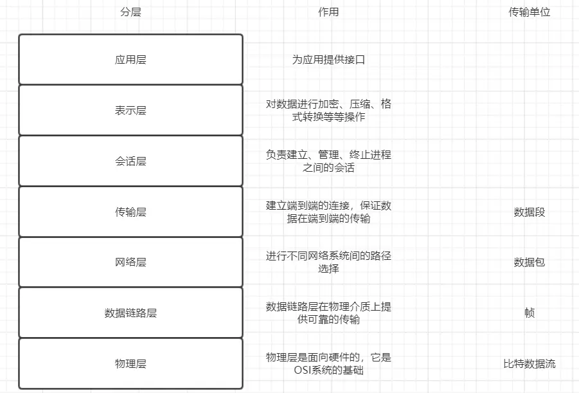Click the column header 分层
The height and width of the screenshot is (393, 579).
tap(130, 12)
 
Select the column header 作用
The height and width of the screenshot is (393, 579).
tap(328, 12)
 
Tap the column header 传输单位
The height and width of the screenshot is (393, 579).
tap(530, 12)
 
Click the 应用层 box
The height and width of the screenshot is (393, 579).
tap(130, 60)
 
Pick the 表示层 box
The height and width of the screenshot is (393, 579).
tap(130, 110)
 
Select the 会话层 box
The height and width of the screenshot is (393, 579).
tap(130, 161)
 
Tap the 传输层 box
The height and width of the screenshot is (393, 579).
tap(130, 212)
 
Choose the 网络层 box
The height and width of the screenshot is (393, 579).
tap(130, 262)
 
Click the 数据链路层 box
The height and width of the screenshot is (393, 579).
tap(130, 313)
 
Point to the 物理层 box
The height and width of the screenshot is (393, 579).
tap(130, 363)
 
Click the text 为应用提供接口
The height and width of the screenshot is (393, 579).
tap(328, 60)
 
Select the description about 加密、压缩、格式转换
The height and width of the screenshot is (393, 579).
tap(328, 110)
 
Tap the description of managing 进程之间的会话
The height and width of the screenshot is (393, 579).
tap(328, 161)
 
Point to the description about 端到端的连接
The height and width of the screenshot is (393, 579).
tap(328, 212)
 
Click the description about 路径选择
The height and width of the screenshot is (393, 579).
tap(328, 262)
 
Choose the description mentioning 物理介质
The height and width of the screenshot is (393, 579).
tap(328, 313)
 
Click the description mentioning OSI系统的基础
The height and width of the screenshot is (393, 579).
tap(328, 363)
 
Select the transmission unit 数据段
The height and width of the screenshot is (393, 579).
tap(530, 212)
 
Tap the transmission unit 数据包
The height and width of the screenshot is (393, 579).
tap(530, 262)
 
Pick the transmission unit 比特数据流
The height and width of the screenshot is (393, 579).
tap(530, 363)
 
